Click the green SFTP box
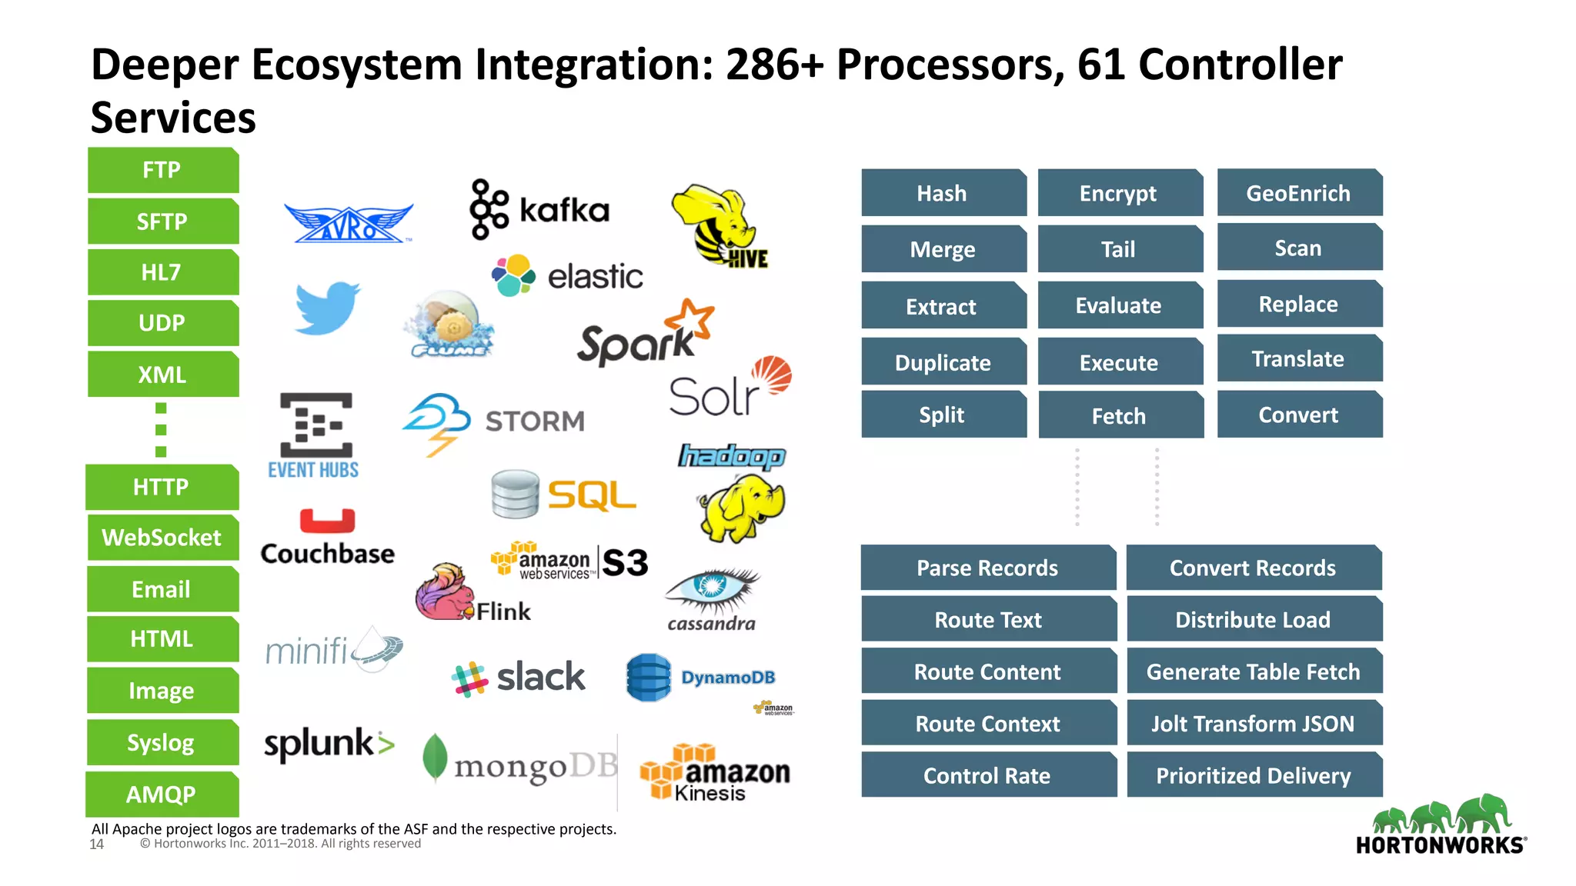162,221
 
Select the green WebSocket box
162,538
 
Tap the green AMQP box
162,794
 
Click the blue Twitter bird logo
327,308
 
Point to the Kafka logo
539,209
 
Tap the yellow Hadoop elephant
742,506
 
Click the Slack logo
519,678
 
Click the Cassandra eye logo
712,588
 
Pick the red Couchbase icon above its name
327,521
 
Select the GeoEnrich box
1299,193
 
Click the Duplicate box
943,362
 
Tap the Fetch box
1120,416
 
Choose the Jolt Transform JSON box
1254,724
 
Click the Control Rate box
988,775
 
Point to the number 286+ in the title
774,65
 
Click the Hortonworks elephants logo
1441,815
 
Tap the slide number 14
97,844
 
